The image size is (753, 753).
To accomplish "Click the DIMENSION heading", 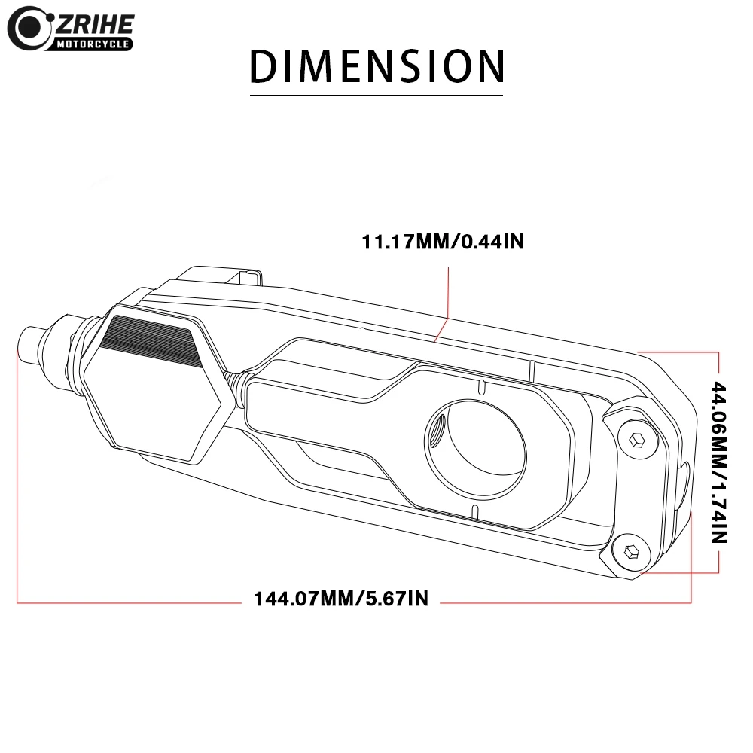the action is (377, 66).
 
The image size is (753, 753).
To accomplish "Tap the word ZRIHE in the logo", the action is (95, 25).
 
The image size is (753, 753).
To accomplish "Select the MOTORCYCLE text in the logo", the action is (93, 44).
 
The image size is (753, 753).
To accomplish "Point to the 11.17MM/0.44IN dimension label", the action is (442, 242).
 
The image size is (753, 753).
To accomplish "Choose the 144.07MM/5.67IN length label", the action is (340, 599).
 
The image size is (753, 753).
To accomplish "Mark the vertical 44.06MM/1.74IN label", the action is (719, 462).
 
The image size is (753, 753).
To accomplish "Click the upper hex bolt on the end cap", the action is (637, 440).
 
